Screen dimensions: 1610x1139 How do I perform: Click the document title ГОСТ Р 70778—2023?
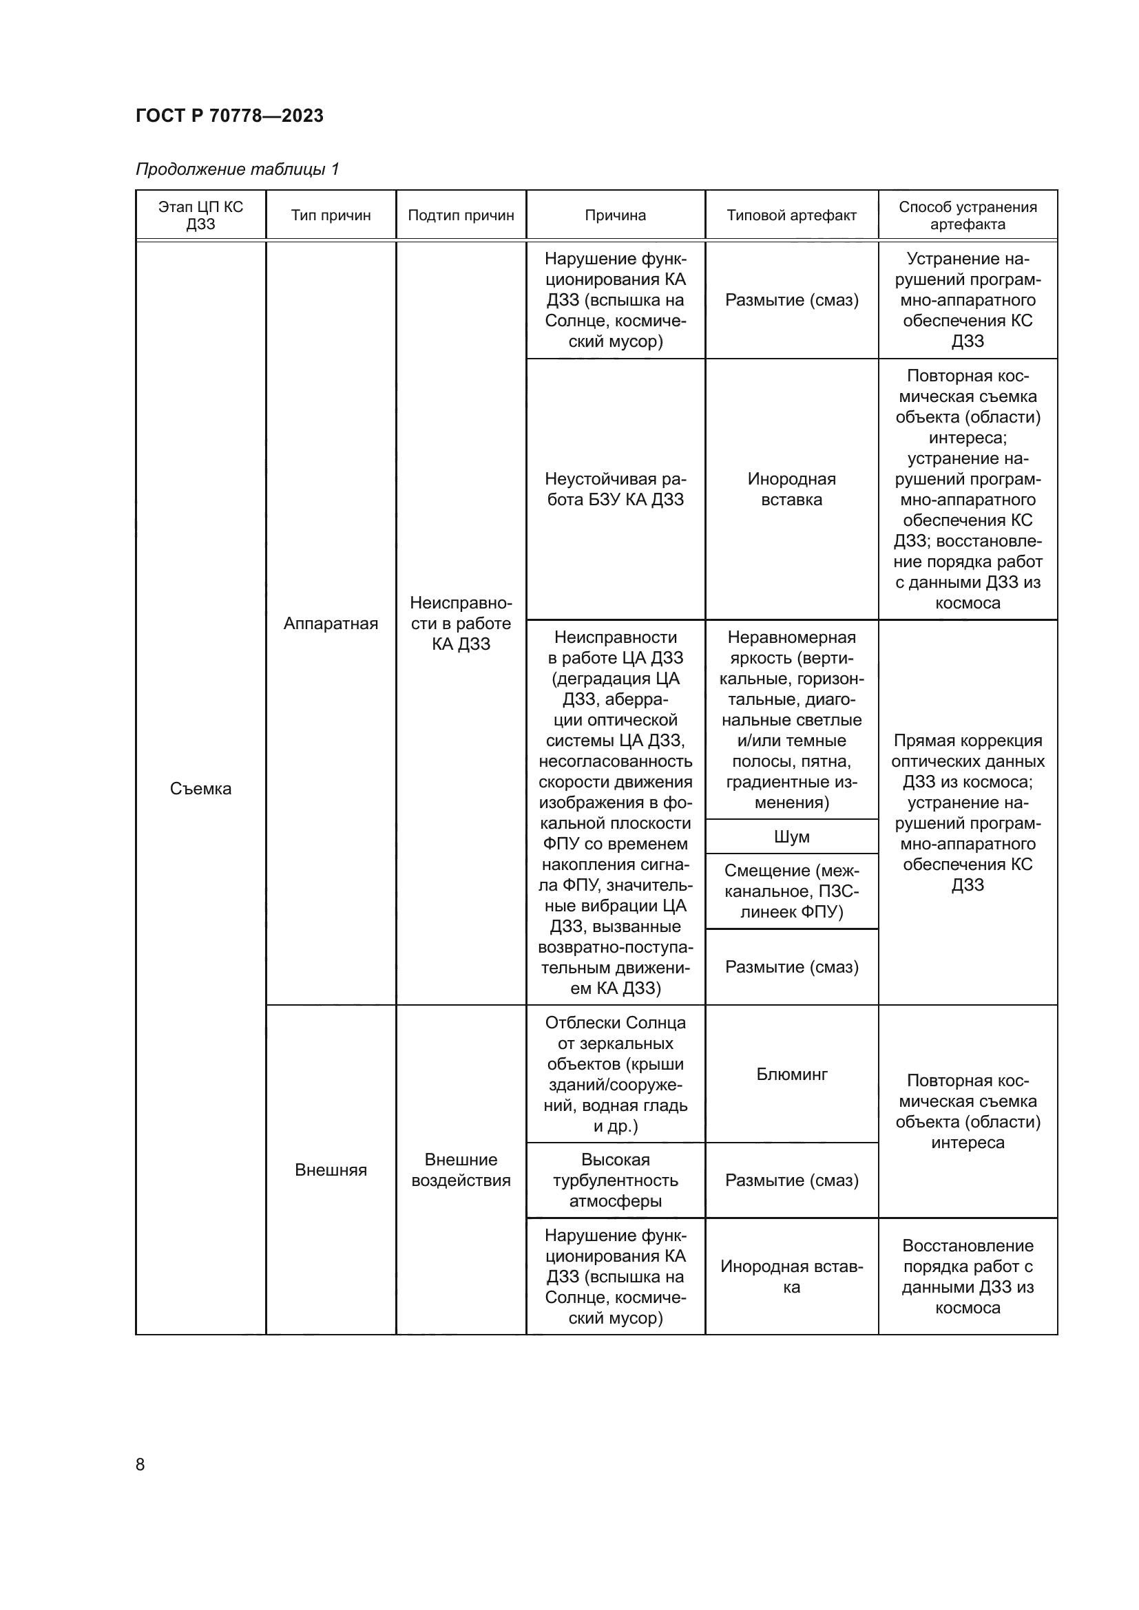click(229, 116)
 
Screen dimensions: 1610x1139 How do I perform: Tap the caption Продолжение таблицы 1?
click(237, 169)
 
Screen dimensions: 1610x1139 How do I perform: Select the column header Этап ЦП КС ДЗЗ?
click(200, 215)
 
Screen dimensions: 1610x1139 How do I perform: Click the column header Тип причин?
click(331, 215)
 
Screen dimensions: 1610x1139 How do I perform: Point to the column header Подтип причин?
click(461, 215)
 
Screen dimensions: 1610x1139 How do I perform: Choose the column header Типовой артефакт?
click(791, 215)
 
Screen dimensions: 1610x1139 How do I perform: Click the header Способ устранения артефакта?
click(967, 215)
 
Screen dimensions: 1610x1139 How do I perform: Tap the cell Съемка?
click(200, 788)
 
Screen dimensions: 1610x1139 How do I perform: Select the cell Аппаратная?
click(331, 624)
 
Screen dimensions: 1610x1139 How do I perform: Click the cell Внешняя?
click(331, 1169)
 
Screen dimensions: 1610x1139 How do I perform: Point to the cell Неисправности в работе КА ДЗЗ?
click(461, 624)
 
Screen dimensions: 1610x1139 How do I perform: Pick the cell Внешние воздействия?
click(461, 1169)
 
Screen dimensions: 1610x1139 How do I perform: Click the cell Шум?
click(791, 836)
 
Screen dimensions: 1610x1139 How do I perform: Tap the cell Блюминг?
click(791, 1074)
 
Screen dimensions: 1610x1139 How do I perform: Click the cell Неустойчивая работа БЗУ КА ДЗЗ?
click(615, 489)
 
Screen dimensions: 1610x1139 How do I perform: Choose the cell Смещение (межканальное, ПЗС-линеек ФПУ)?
click(791, 891)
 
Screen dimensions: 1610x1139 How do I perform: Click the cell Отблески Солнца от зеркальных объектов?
click(615, 1074)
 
